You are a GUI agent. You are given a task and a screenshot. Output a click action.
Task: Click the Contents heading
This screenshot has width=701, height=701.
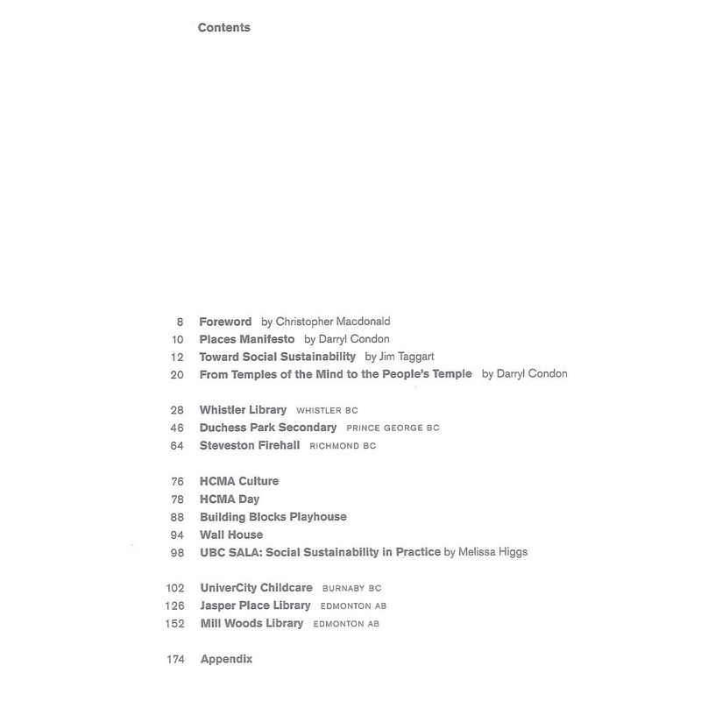[224, 28]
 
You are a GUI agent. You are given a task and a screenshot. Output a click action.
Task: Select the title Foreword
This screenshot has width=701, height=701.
[225, 322]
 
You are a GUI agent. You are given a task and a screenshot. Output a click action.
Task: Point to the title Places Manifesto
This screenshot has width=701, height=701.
[246, 339]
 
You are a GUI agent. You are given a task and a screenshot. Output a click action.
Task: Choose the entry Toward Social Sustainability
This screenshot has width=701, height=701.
[278, 357]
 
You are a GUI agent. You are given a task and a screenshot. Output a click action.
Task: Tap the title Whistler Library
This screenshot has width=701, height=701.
[243, 410]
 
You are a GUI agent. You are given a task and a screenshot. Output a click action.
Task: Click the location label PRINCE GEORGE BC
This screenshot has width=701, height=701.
[393, 428]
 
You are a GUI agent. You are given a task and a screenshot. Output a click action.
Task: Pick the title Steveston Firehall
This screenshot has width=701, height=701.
[250, 446]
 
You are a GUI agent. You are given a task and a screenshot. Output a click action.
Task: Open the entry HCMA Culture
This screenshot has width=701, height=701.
[239, 482]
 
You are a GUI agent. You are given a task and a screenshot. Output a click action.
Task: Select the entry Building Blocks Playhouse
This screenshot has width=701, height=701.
[273, 517]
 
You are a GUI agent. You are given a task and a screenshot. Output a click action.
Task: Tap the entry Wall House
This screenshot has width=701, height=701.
[231, 535]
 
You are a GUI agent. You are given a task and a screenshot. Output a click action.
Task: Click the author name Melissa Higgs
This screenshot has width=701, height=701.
[496, 552]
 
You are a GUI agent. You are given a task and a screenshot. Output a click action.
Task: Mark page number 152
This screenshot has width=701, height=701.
[173, 624]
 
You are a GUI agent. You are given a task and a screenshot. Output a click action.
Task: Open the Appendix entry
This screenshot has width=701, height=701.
[226, 660]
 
